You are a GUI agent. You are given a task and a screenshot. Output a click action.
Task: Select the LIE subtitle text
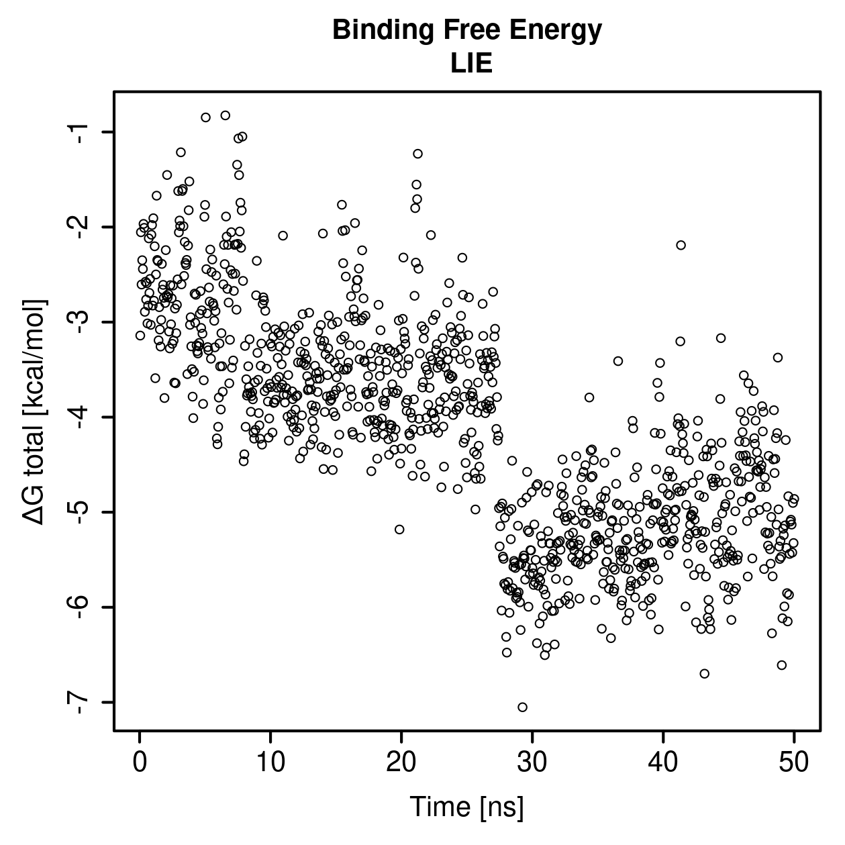tap(471, 63)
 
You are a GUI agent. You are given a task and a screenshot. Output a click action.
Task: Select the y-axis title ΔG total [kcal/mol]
tap(34, 411)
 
